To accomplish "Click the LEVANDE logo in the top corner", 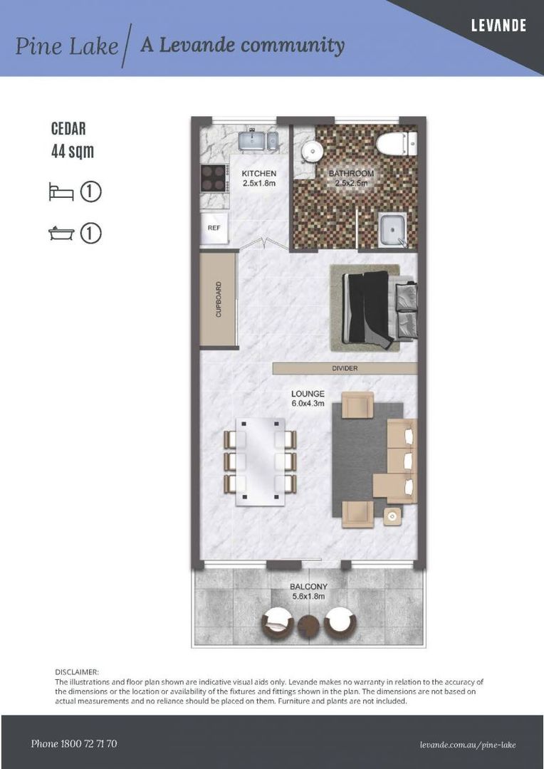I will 498,26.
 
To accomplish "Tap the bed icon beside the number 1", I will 61,192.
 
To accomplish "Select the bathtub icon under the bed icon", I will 61,234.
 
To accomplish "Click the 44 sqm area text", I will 72,151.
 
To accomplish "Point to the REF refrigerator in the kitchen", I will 214,229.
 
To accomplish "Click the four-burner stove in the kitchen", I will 212,178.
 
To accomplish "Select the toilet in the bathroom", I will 394,144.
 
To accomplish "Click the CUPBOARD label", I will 219,300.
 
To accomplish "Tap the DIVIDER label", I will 345,368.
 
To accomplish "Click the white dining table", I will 260,461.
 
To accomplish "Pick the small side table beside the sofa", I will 392,516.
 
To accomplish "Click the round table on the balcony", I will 309,627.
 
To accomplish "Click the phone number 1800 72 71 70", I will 74,744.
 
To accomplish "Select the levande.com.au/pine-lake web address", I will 468,745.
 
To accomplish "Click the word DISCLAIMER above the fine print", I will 77,671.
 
